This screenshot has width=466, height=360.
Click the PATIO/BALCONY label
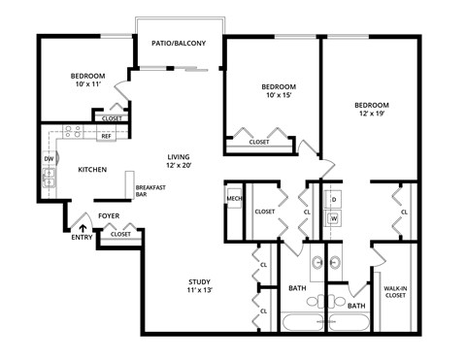pyautogui.click(x=180, y=43)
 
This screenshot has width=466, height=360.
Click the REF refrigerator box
pyautogui.click(x=106, y=137)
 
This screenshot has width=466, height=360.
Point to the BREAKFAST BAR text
pyautogui.click(x=149, y=190)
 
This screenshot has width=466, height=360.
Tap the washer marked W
pyautogui.click(x=333, y=218)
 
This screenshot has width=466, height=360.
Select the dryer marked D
pyautogui.click(x=333, y=198)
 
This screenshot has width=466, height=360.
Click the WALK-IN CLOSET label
pyautogui.click(x=395, y=292)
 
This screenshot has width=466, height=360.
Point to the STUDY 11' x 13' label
pyautogui.click(x=200, y=285)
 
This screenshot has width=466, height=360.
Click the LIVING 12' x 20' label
pyautogui.click(x=180, y=161)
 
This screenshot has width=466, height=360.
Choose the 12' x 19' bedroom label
pyautogui.click(x=371, y=110)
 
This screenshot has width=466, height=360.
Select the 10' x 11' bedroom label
pyautogui.click(x=87, y=81)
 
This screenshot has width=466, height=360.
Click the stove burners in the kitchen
pyautogui.click(x=74, y=131)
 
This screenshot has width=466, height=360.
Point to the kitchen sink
pyautogui.click(x=48, y=177)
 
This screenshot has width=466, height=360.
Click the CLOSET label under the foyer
pyautogui.click(x=120, y=234)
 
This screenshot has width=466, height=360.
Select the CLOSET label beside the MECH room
pyautogui.click(x=265, y=212)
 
